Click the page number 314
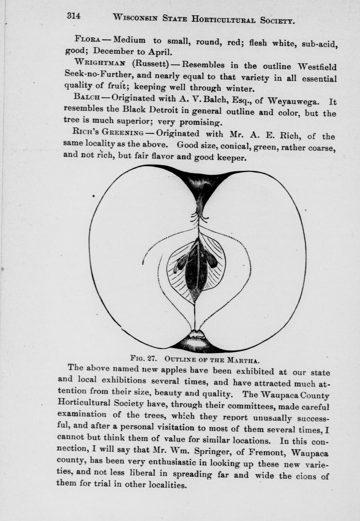pyautogui.click(x=74, y=16)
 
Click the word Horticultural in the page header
pyautogui.click(x=223, y=18)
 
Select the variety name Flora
pyautogui.click(x=87, y=39)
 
